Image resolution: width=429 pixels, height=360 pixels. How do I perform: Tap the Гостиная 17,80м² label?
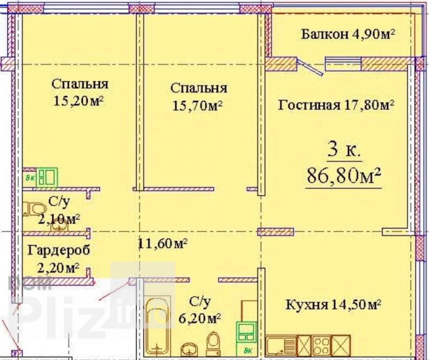336,105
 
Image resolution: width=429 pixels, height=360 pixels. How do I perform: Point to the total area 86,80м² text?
344,175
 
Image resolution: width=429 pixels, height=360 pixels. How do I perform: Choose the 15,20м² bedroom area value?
78,101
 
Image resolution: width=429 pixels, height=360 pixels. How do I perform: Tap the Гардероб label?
59,250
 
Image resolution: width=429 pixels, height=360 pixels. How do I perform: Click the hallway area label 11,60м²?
163,243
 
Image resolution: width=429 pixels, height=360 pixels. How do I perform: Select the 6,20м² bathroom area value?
200,318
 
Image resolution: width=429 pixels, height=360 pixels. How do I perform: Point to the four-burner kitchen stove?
321,345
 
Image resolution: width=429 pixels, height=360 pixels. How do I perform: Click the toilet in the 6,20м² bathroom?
212,343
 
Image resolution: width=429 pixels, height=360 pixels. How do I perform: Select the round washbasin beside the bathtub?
189,349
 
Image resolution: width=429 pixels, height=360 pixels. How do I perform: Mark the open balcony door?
310,66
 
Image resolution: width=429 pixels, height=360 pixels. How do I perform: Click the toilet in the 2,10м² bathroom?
35,209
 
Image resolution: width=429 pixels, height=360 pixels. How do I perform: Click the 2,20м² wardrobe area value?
58,268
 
